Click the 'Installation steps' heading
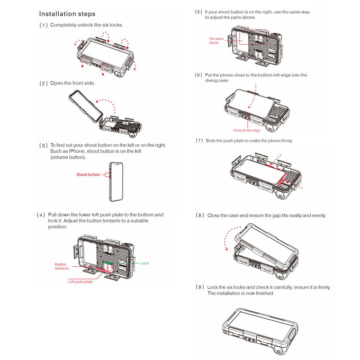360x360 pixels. pos(67,14)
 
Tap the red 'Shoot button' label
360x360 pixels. pos(88,175)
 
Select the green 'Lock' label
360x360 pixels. pos(145,263)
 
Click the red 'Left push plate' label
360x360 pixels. pos(80,282)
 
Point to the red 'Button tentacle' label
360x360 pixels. pos(62,266)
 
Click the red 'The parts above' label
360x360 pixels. pos(216,41)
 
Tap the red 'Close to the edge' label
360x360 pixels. pos(247,130)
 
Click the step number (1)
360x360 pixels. pos(44,25)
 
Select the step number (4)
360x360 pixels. pos(41,215)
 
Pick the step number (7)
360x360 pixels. pos(199,141)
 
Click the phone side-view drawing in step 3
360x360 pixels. pos(115,181)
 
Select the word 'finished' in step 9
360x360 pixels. pos(264,293)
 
